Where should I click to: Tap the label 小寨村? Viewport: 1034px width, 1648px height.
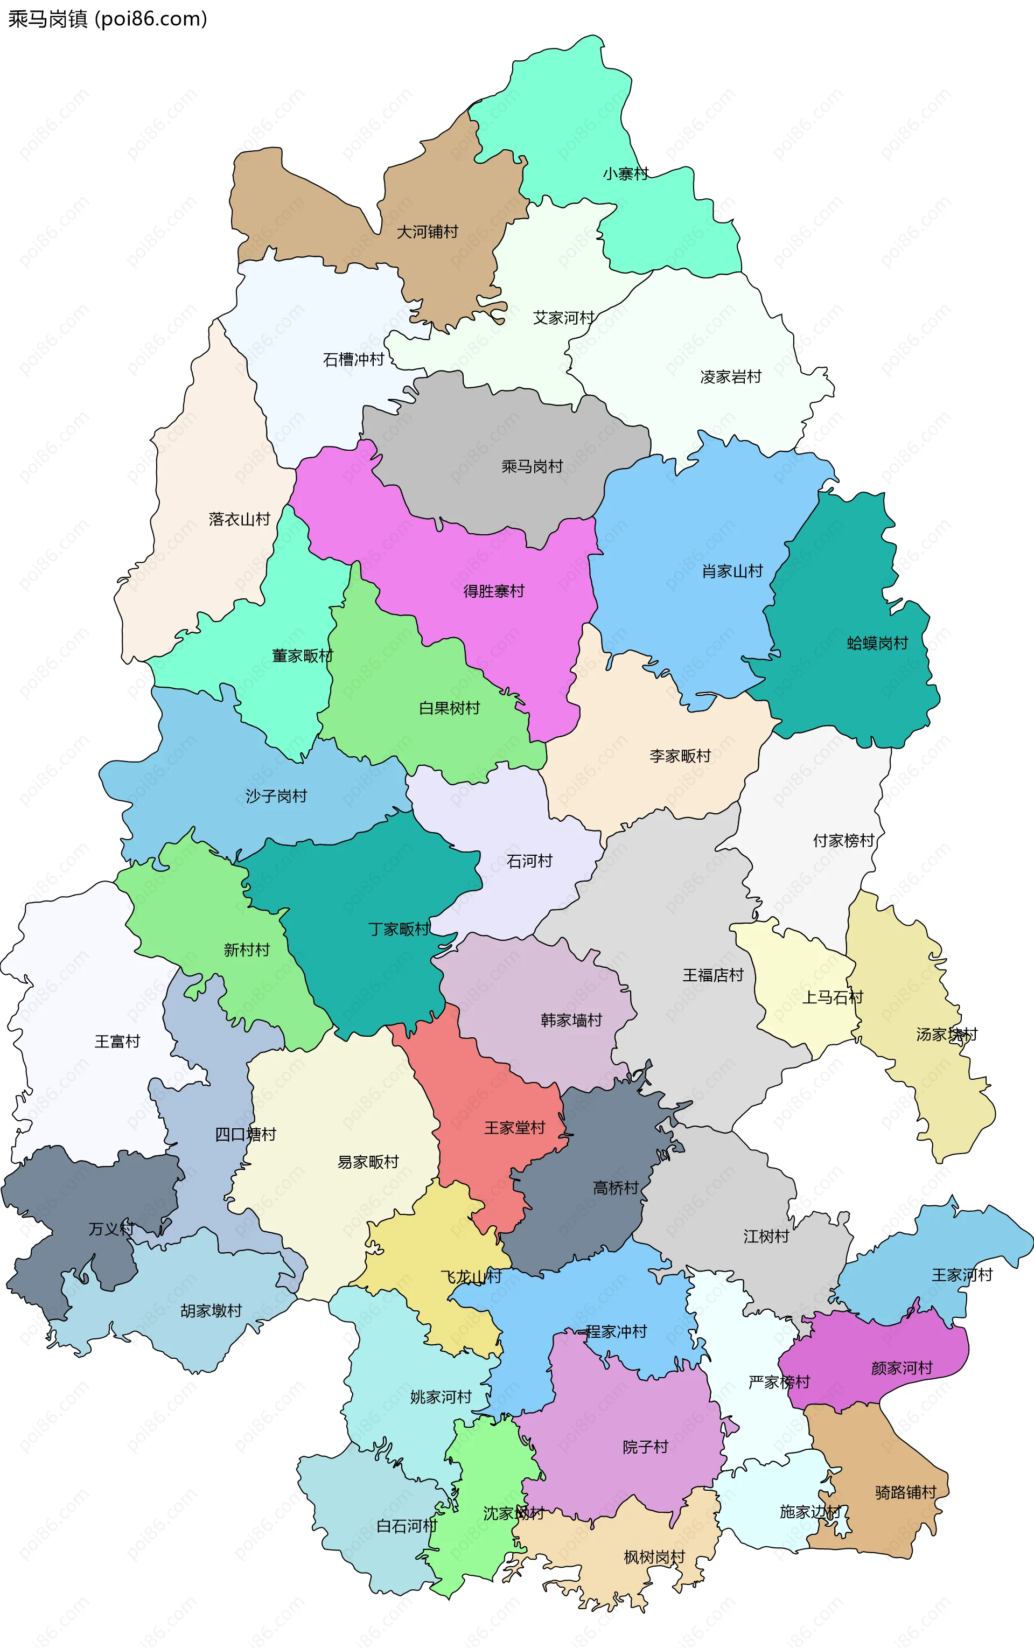625,174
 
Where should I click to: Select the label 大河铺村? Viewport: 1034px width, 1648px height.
428,232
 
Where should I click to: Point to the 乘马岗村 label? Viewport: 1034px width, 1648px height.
532,466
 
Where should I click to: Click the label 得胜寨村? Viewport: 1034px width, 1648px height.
493,591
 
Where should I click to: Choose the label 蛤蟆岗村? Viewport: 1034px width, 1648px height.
877,643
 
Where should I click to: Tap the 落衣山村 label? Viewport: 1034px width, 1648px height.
239,519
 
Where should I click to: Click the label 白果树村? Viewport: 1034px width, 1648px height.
449,708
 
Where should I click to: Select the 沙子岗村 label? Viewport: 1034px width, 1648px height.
276,796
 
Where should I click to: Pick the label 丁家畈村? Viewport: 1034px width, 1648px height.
399,928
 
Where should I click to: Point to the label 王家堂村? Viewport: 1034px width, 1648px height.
514,1128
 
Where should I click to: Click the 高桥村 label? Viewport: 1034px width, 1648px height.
615,1188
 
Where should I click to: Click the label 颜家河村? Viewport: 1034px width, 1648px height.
902,1367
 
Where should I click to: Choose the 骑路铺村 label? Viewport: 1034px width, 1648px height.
905,1492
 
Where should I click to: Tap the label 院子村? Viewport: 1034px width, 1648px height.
645,1446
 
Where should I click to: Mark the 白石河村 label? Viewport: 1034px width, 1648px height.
407,1526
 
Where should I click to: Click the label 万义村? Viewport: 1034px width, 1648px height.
111,1229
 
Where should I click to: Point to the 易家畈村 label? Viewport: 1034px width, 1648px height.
367,1162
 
